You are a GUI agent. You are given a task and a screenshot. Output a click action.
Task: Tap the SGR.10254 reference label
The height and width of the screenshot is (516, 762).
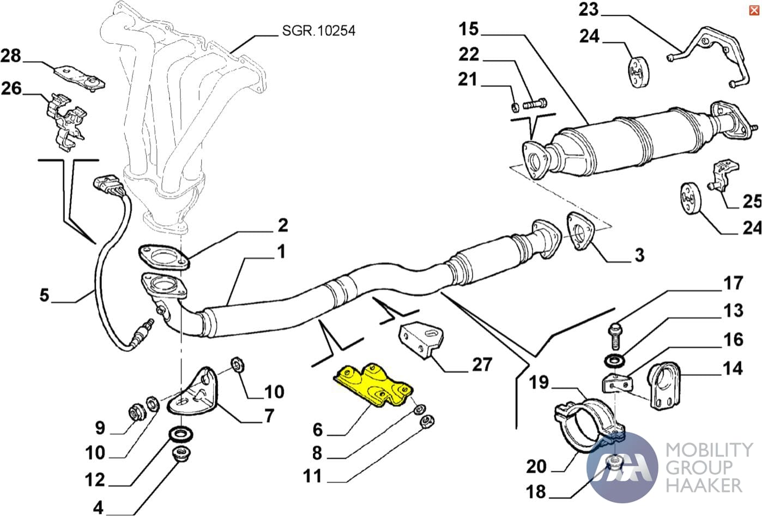(318, 31)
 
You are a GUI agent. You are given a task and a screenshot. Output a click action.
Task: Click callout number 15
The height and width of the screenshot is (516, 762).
(468, 29)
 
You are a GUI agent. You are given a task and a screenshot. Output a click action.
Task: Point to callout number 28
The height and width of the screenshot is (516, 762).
(11, 56)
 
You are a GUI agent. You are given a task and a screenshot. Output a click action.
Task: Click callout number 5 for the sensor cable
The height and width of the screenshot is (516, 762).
(44, 296)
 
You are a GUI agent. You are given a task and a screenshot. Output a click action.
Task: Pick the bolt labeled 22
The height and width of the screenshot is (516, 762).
(536, 103)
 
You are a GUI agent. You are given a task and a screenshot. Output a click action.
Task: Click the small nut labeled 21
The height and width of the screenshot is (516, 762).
(515, 105)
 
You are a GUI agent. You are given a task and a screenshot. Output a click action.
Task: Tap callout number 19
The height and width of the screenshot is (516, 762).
(539, 382)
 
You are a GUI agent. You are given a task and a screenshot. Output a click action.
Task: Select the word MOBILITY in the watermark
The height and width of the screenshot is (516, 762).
(709, 450)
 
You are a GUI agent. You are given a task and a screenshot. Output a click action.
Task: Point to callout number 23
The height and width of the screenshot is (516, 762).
(588, 9)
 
